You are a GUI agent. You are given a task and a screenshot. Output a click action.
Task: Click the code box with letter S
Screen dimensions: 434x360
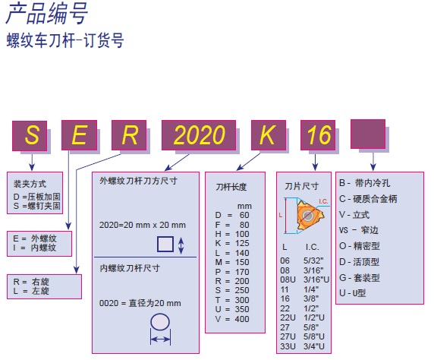[30, 135]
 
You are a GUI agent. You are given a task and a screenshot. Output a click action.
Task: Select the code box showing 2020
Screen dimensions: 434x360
[199, 135]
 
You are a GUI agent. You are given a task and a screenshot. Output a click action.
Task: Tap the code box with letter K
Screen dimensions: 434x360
[268, 135]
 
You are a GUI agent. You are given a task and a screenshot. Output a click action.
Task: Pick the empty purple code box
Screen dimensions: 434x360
[368, 134]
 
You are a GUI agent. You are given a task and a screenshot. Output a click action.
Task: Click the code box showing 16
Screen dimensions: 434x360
[318, 135]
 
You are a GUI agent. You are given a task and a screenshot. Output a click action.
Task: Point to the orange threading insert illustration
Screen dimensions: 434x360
[309, 215]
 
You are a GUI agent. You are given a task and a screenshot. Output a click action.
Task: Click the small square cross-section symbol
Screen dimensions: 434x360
[165, 244]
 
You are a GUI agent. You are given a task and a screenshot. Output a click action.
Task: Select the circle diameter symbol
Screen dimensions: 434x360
[160, 322]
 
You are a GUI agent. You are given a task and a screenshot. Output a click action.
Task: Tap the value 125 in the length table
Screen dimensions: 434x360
[242, 243]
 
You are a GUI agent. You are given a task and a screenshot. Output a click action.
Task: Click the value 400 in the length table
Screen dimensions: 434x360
[242, 319]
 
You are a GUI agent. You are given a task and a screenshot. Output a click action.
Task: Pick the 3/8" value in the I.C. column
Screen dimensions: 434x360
[311, 298]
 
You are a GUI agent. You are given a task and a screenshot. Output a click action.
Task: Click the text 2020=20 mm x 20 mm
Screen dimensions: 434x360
[143, 225]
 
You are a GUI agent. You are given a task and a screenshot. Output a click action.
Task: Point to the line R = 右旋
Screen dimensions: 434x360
[31, 282]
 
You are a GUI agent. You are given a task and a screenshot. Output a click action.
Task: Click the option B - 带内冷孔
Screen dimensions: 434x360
[364, 183]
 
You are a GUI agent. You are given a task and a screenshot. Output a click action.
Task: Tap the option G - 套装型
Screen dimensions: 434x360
[360, 277]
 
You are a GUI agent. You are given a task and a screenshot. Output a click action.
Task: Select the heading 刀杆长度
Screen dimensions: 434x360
[231, 187]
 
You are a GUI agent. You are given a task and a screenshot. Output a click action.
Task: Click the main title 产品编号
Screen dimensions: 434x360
[47, 14]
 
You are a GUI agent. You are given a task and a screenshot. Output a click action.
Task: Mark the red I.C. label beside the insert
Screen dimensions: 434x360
[323, 201]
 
